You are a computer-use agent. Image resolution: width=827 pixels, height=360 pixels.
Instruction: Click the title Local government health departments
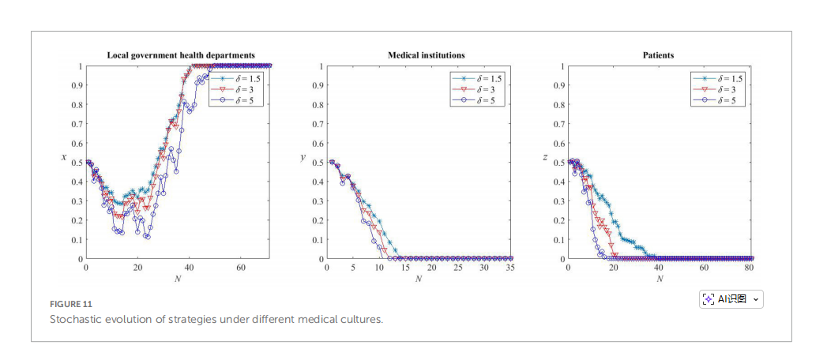[181, 55]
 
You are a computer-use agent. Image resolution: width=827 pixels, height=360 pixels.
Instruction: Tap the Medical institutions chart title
[426, 55]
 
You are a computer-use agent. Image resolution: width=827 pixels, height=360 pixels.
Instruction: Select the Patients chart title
[658, 55]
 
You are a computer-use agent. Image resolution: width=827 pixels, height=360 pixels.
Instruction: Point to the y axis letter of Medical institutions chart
[302, 158]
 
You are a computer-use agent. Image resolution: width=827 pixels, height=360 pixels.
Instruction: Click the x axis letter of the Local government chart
[63, 158]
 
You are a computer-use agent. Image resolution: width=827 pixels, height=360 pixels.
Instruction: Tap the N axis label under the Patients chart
[659, 279]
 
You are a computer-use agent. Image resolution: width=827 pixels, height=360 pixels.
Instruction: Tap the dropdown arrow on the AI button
[756, 299]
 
